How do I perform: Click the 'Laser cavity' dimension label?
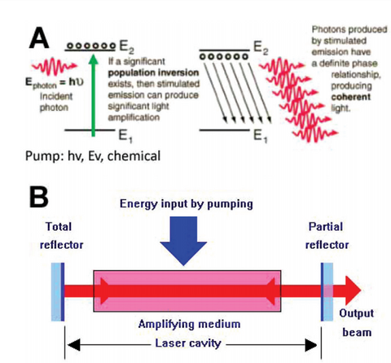[x=187, y=343]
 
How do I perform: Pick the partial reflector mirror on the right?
[x=325, y=288]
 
